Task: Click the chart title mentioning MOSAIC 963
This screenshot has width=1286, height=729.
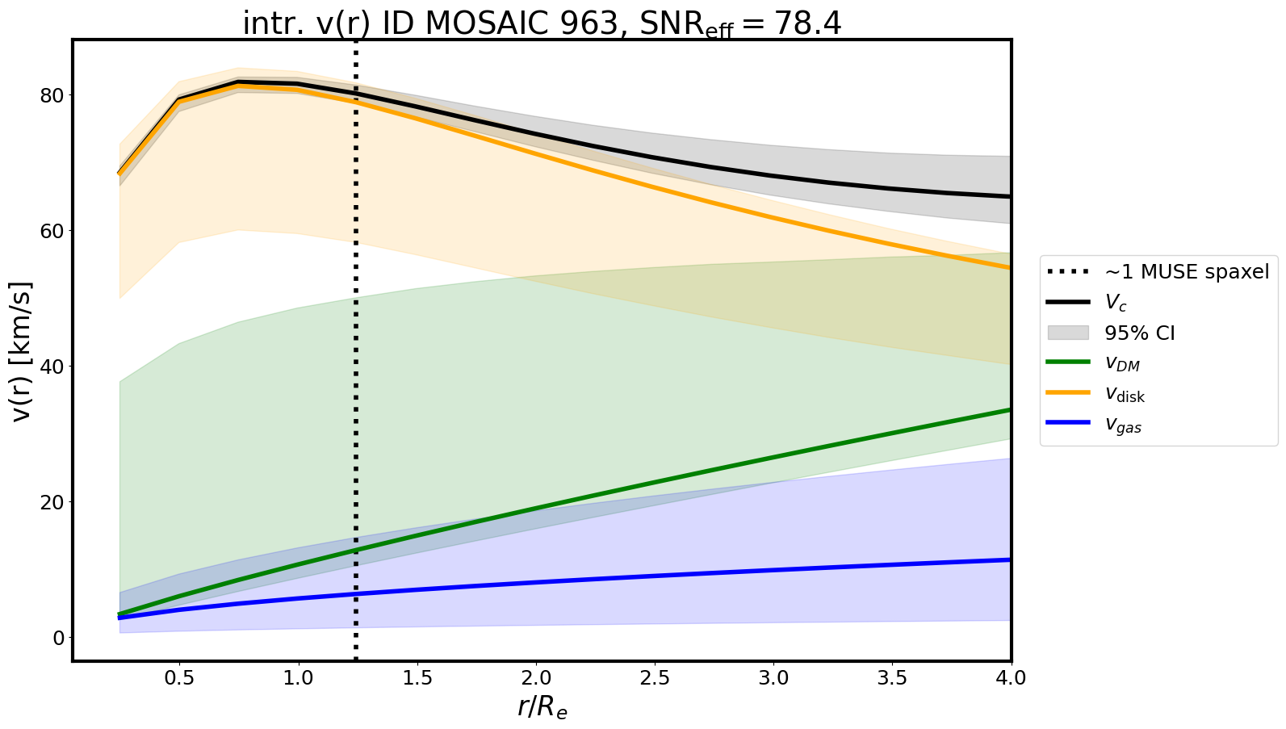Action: pyautogui.click(x=542, y=23)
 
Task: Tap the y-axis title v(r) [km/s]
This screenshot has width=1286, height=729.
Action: pyautogui.click(x=23, y=350)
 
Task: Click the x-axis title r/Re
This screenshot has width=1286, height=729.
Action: pyautogui.click(x=542, y=707)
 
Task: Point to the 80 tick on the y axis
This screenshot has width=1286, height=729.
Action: pyautogui.click(x=50, y=95)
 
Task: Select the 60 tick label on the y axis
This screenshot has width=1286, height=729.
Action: pyautogui.click(x=50, y=231)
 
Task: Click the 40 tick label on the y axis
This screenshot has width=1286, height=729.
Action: pyautogui.click(x=50, y=367)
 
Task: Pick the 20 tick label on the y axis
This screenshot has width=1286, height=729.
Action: pyautogui.click(x=50, y=502)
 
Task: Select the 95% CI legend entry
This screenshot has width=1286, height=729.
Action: pyautogui.click(x=1139, y=333)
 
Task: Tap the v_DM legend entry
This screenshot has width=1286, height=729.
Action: pyautogui.click(x=1122, y=364)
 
